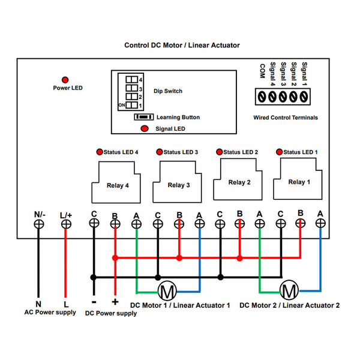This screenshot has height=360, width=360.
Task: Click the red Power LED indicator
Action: coord(65,80)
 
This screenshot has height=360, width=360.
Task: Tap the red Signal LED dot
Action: coord(144,128)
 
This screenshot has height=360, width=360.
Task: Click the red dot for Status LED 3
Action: coord(159,152)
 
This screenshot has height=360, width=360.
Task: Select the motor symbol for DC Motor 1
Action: coord(167,292)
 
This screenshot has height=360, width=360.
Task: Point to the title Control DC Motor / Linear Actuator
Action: coord(182,45)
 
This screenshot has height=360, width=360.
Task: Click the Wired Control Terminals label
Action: coord(286,118)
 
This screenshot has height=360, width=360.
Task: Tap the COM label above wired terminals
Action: coord(262,71)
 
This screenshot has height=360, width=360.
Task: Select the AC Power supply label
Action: coord(50,313)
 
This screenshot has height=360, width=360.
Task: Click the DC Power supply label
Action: coord(111,313)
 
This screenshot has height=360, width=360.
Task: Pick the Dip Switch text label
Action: coord(168,91)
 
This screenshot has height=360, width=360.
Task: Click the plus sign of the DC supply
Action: coord(115,302)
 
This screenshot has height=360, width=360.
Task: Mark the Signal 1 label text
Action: coord(305,74)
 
